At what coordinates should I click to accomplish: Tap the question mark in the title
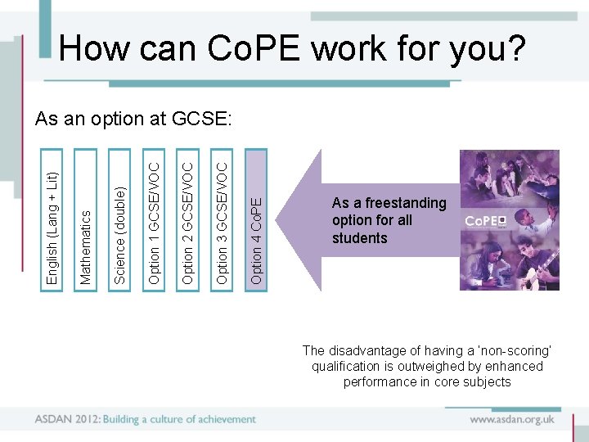515,50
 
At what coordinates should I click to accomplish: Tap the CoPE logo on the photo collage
486,221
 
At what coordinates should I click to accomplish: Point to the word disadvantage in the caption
367,351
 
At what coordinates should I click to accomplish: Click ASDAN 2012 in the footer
65,419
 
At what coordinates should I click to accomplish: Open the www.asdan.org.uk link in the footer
512,419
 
